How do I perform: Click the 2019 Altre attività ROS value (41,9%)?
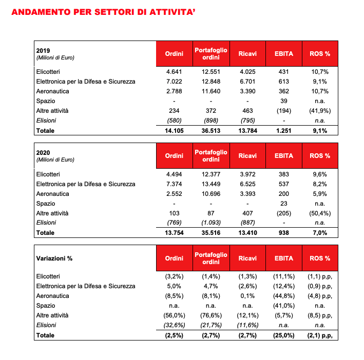pyautogui.click(x=319, y=111)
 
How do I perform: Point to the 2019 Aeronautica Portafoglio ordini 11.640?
pyautogui.click(x=210, y=91)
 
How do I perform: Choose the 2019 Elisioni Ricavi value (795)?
pyautogui.click(x=247, y=121)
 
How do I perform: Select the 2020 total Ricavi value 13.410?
pyautogui.click(x=247, y=233)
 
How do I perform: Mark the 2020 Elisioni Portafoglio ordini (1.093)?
pyautogui.click(x=210, y=223)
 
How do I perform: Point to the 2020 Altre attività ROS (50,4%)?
pyautogui.click(x=319, y=213)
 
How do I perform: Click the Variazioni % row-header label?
pyautogui.click(x=54, y=258)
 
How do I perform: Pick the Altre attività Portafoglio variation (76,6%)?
pyautogui.click(x=210, y=316)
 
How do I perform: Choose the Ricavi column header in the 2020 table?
pyautogui.click(x=247, y=156)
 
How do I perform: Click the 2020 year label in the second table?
pyautogui.click(x=43, y=153)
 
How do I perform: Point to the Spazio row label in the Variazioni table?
pyautogui.click(x=46, y=306)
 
